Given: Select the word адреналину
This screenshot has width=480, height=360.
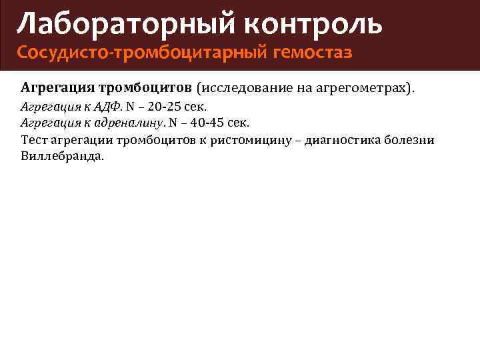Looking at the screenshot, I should [127, 123].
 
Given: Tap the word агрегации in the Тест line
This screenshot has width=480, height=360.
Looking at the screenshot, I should [80, 139].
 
